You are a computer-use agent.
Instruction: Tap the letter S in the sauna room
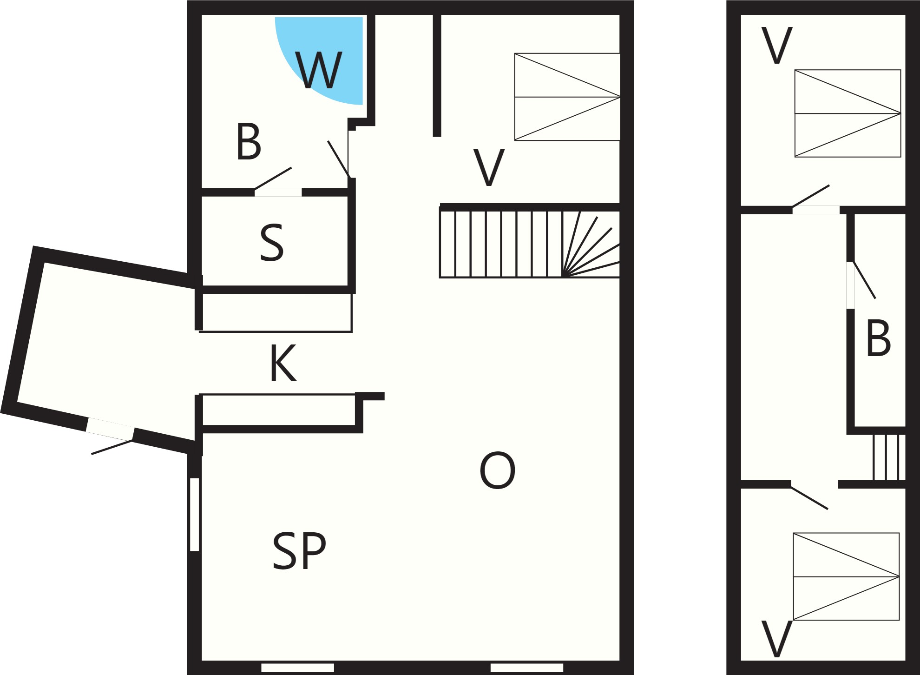272,243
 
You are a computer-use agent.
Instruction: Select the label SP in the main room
299,551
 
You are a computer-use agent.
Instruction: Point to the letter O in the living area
497,470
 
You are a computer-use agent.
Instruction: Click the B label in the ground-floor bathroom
249,142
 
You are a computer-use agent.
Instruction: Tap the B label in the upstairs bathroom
878,338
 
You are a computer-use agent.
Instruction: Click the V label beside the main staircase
488,168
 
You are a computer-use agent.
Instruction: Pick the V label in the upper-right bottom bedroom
776,639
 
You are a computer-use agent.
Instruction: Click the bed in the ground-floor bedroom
567,97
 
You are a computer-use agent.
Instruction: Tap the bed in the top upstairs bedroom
848,113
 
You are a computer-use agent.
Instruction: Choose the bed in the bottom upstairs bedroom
846,576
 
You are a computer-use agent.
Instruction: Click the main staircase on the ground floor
530,244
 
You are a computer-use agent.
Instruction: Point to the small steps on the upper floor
889,457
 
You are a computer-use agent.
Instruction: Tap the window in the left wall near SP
195,514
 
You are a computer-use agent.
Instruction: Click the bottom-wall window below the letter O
527,668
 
